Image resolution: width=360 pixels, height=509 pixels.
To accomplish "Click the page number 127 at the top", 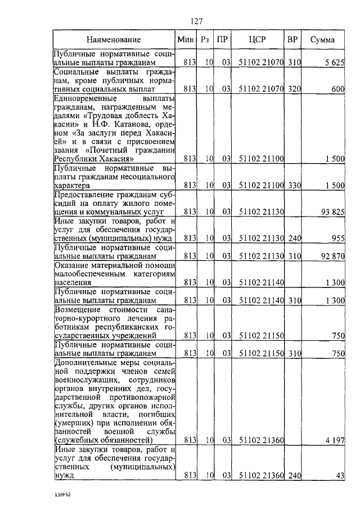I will coord(196,21).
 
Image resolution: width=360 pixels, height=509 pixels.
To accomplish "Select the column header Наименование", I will coord(114,40).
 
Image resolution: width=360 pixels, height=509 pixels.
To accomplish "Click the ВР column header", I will coord(292,40).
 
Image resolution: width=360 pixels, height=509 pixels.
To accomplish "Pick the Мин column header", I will coord(186,40).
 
